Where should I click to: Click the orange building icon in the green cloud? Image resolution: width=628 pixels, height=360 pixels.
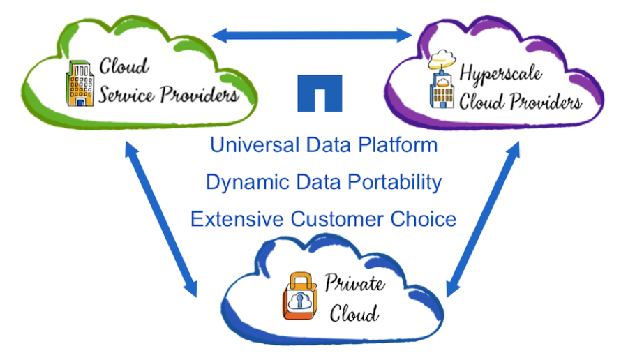(80, 83)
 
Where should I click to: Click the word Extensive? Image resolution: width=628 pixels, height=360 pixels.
(237, 219)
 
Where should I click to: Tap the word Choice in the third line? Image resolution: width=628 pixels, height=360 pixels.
(422, 219)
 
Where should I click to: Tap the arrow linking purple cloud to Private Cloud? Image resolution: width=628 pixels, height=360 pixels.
(483, 219)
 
